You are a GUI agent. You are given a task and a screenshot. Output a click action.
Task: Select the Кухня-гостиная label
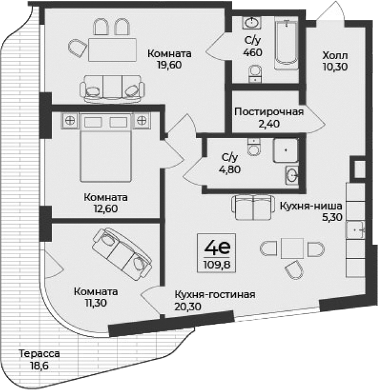tap(215, 295)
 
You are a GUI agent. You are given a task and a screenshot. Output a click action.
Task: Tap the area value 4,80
tap(230, 169)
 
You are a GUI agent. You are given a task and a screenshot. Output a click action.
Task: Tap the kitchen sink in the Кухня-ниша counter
tap(355, 229)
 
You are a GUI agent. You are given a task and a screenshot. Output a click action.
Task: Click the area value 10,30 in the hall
tap(334, 66)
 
